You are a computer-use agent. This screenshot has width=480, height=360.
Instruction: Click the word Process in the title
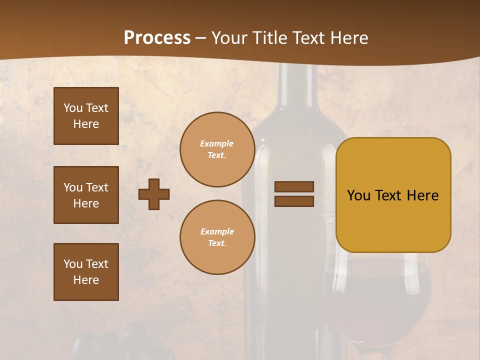[x=157, y=37]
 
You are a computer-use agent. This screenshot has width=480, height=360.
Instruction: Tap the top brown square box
[x=86, y=116]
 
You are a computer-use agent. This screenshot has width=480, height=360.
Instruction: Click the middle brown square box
[x=86, y=195]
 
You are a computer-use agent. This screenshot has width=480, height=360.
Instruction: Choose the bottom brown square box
[x=86, y=272]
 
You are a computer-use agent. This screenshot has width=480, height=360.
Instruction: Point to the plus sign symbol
[x=154, y=194]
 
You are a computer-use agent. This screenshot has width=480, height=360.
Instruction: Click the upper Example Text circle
[x=217, y=149]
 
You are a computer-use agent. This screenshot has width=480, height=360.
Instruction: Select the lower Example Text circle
[x=217, y=237]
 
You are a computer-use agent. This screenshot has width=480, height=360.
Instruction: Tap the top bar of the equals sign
[x=294, y=186]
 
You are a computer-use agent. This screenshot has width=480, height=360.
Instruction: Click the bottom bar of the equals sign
[x=294, y=201]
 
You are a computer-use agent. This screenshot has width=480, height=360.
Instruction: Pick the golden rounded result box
[x=393, y=195]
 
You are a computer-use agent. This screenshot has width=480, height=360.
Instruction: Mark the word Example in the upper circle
[x=217, y=143]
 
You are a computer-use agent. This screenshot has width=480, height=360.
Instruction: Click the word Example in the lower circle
[x=217, y=231]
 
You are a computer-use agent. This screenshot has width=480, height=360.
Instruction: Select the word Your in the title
[x=228, y=38]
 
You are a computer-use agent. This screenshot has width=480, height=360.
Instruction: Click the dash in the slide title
[x=201, y=38]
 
